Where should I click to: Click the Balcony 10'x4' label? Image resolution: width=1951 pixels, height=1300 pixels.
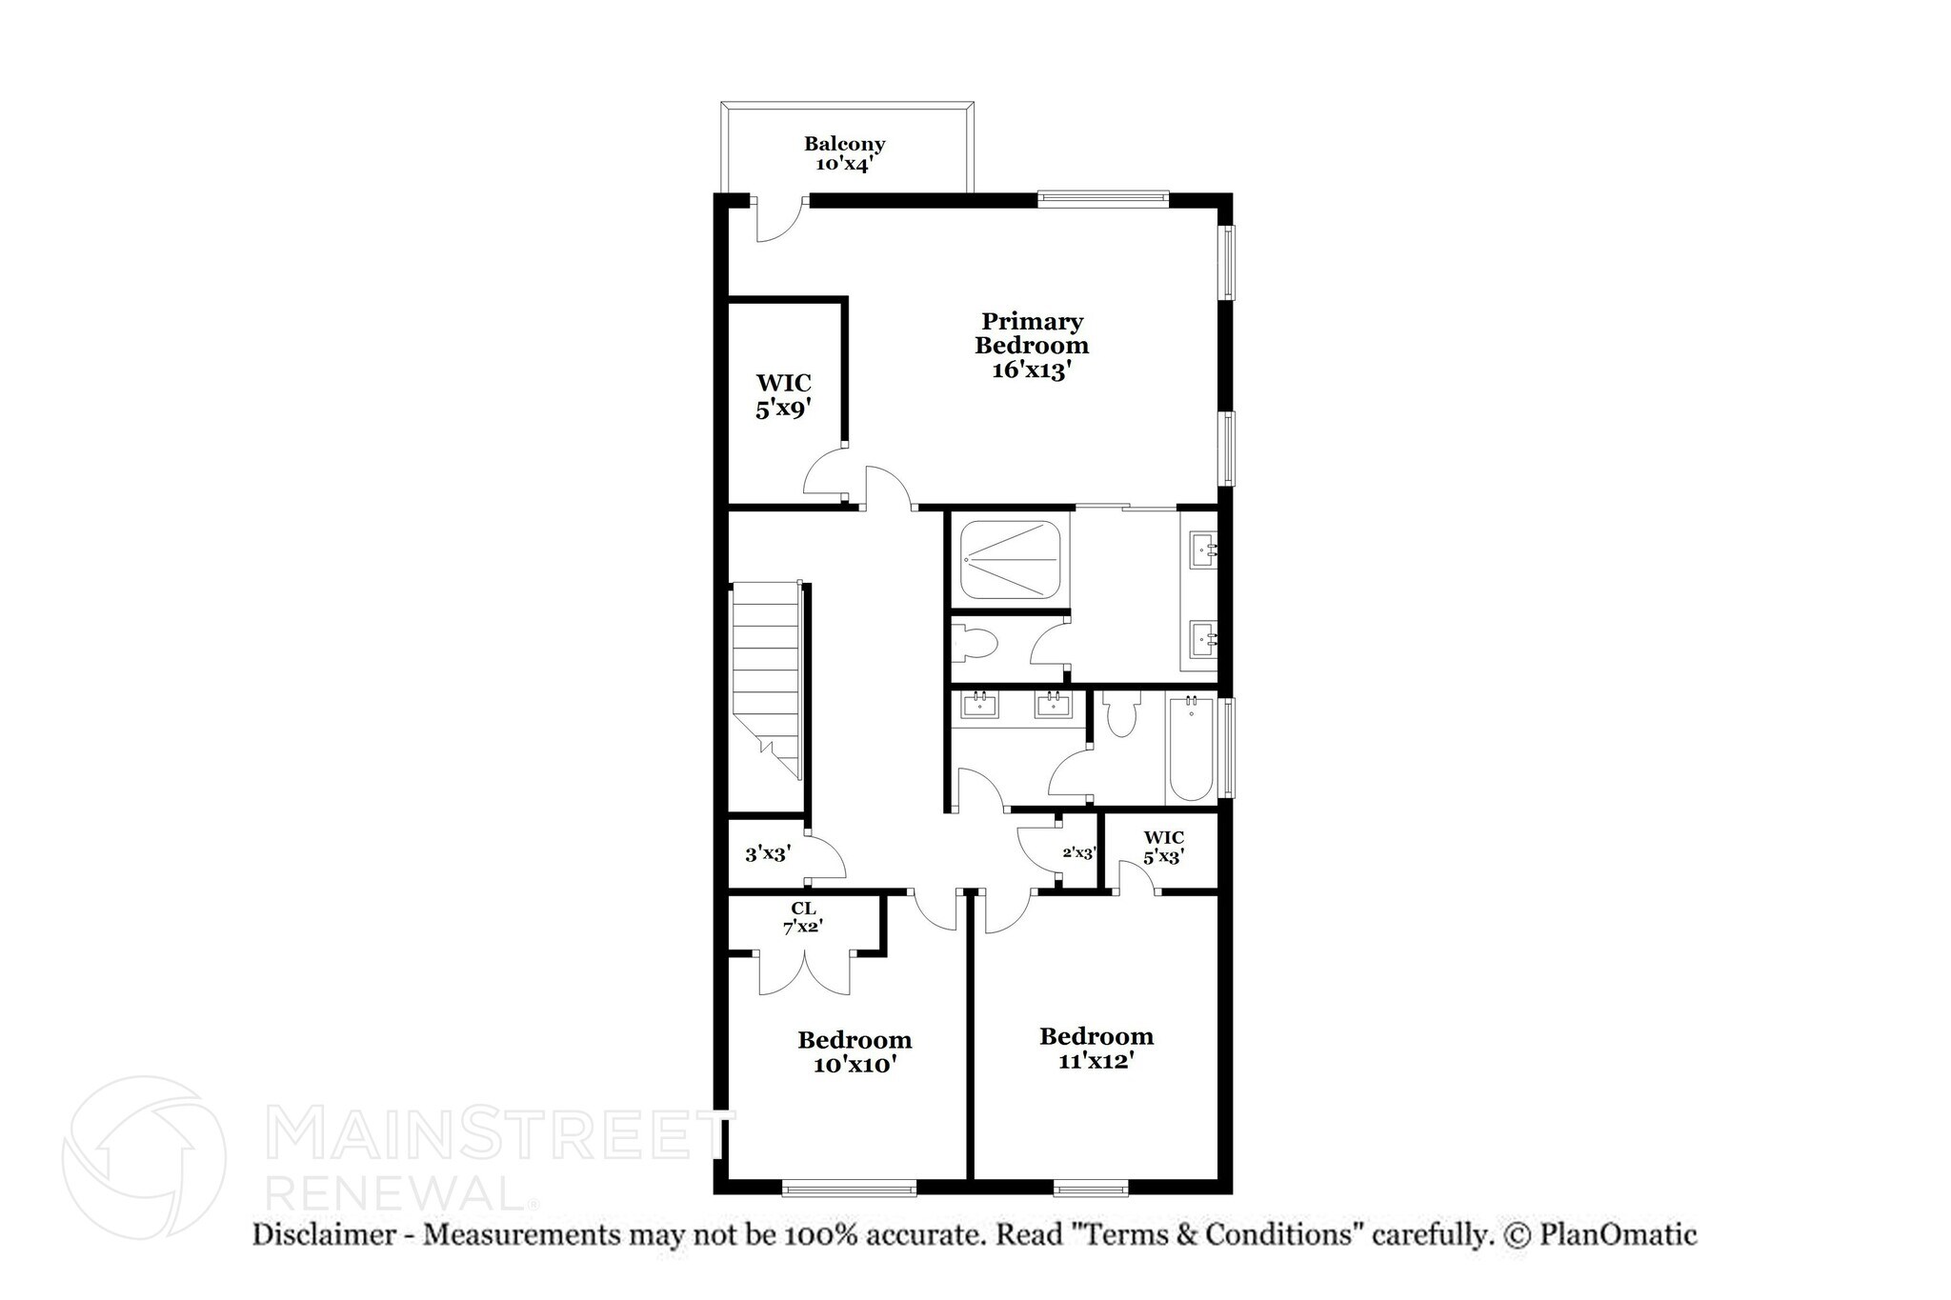(x=844, y=153)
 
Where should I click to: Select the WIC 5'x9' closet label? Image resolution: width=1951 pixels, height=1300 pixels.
(x=783, y=396)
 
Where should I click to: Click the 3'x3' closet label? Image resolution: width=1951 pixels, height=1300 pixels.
(x=767, y=854)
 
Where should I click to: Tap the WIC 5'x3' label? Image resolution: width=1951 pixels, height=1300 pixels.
(x=1163, y=847)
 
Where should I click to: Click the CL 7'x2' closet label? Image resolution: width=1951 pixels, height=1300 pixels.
(x=803, y=918)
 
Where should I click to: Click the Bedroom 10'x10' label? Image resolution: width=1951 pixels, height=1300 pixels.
(x=855, y=1052)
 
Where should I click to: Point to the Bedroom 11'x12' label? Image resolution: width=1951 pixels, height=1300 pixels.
(x=1096, y=1049)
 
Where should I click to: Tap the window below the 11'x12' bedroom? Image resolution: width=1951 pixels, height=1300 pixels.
(x=1091, y=1187)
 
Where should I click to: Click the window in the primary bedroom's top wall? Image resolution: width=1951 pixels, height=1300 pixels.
(x=1102, y=199)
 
